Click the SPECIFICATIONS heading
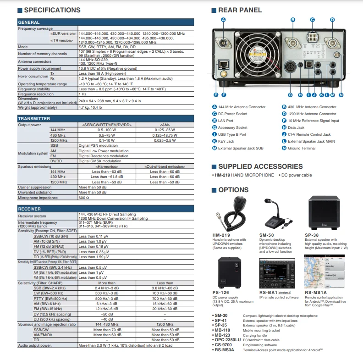click(52, 10)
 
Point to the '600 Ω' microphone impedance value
click(84, 198)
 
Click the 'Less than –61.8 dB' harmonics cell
click(107, 177)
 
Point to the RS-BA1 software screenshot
click(274, 273)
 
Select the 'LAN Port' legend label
click(225, 121)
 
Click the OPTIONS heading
click(233, 190)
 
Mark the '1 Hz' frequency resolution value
click(82, 94)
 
